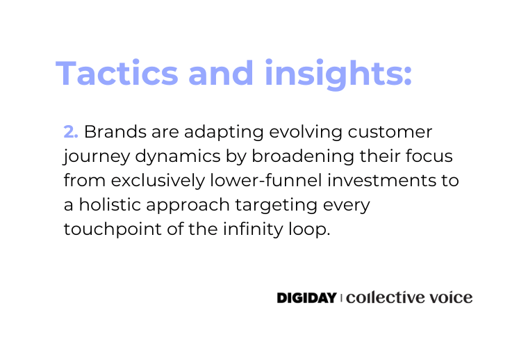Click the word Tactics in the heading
click(x=117, y=73)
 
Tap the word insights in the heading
click(x=338, y=74)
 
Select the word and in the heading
click(x=221, y=73)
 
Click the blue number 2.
click(x=71, y=131)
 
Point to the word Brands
click(x=115, y=131)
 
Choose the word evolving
click(x=306, y=132)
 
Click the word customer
click(x=390, y=132)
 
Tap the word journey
click(x=97, y=157)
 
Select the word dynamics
click(x=178, y=157)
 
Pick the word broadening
click(x=303, y=157)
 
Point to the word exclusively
click(x=158, y=181)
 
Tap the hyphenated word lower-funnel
click(x=266, y=181)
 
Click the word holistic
click(x=110, y=205)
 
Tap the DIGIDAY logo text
click(x=307, y=297)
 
